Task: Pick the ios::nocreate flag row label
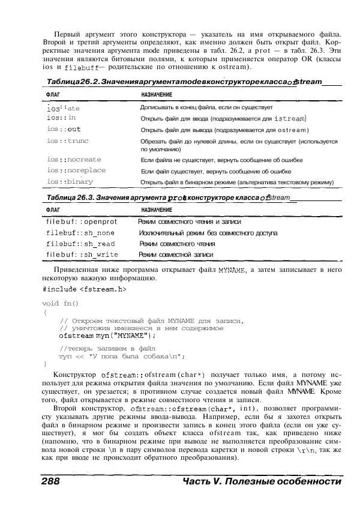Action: [x=74, y=160]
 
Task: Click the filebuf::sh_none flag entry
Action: [x=80, y=233]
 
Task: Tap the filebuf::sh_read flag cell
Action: [x=80, y=244]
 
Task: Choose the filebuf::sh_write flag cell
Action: [x=82, y=254]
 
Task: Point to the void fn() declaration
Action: [x=61, y=303]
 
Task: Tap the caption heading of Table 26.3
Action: [x=168, y=197]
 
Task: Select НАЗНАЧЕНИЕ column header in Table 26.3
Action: [x=157, y=210]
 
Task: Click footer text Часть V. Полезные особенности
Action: [x=261, y=482]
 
